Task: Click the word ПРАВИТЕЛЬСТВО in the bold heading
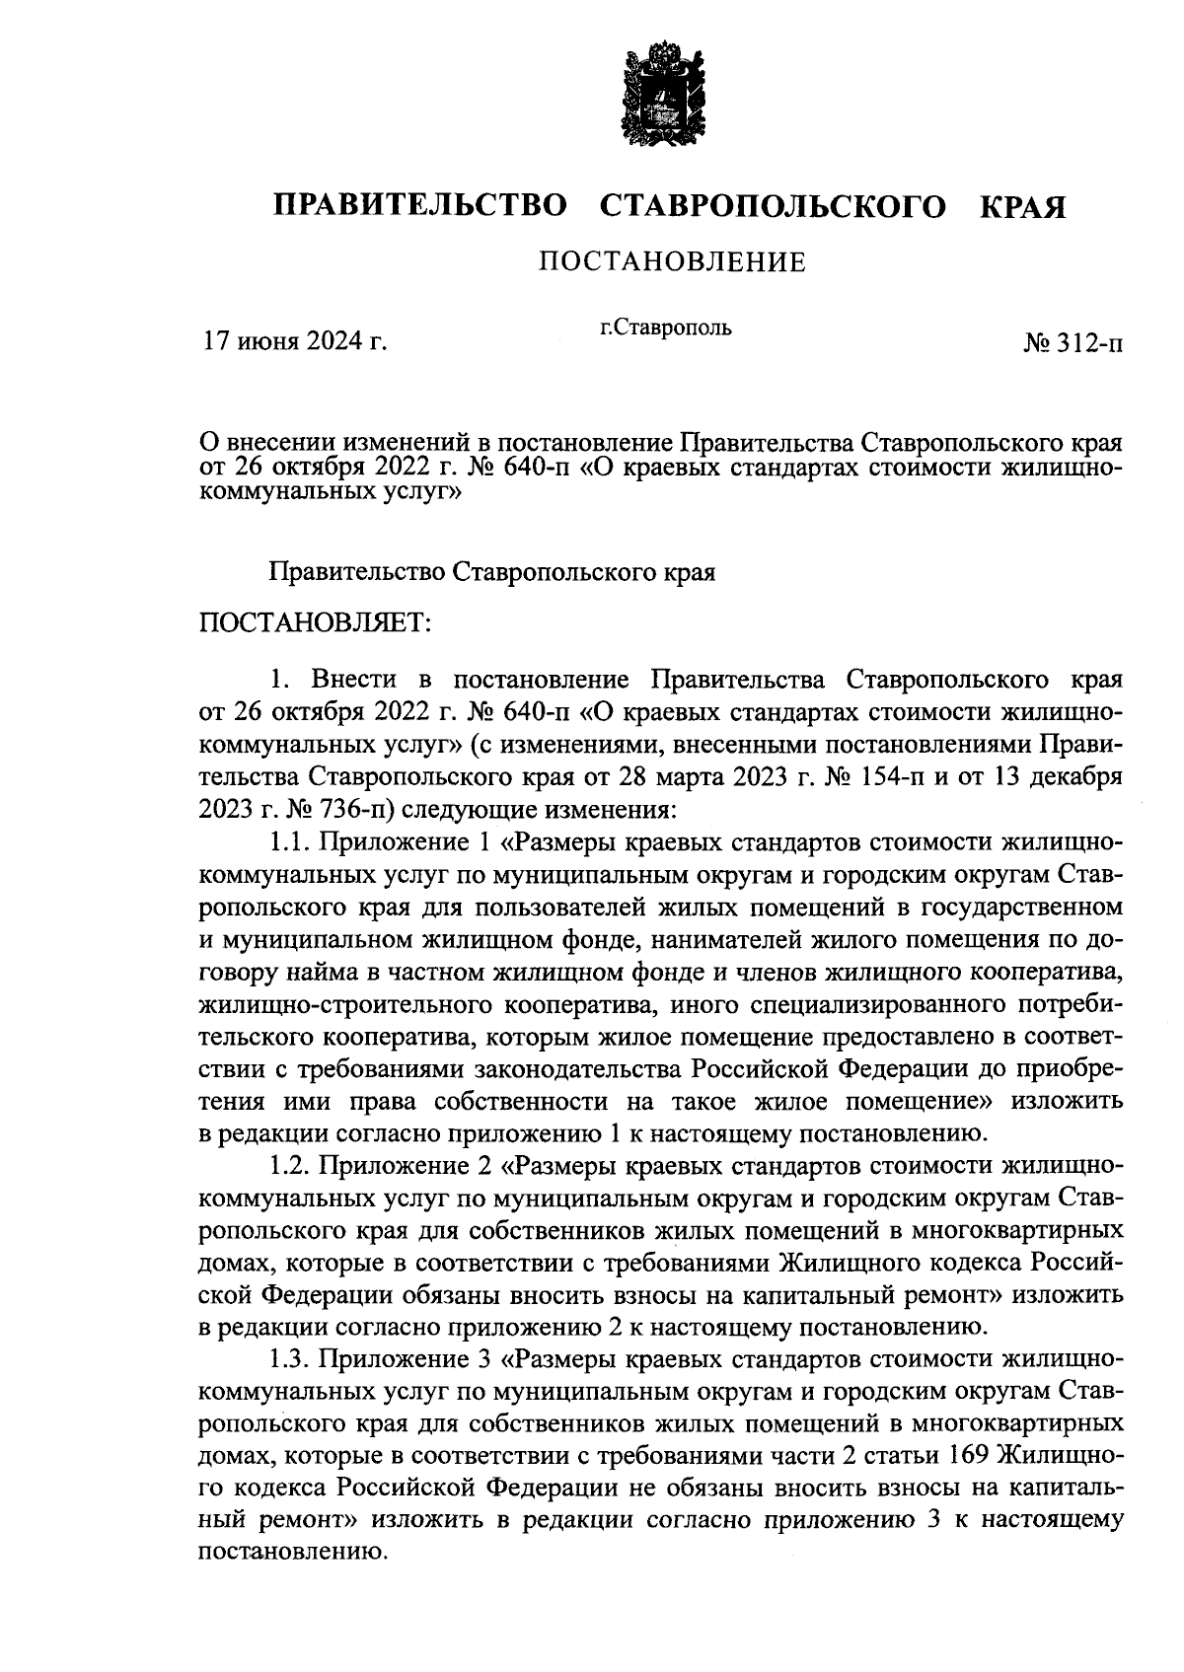(420, 206)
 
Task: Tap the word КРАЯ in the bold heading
(1022, 206)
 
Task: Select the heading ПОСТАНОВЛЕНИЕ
(672, 261)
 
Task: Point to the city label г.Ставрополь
(666, 327)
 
